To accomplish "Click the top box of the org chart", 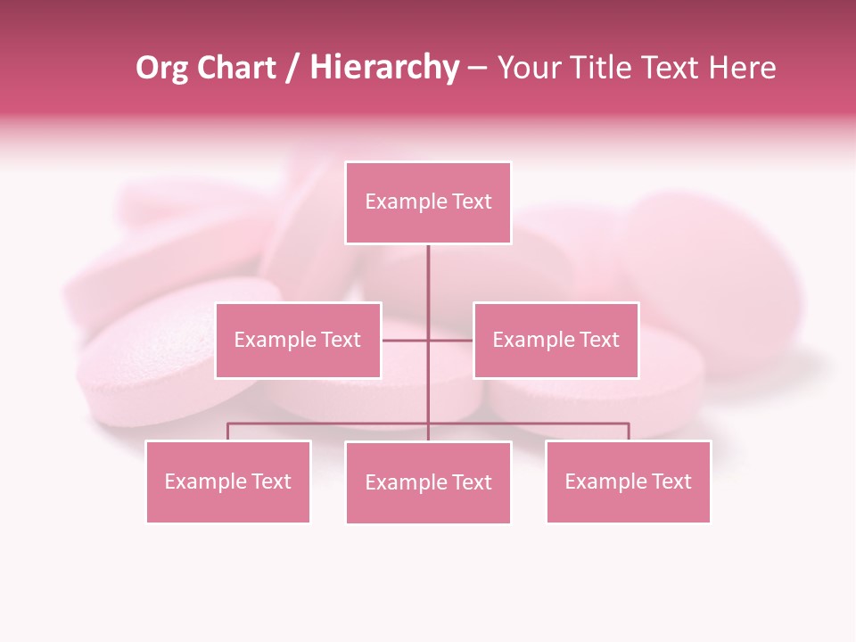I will (428, 202).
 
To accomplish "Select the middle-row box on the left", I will (298, 340).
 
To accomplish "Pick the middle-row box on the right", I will (556, 340).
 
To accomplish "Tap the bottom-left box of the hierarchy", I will (227, 481).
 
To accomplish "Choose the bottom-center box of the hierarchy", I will (428, 482).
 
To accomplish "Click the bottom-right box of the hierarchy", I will (628, 481).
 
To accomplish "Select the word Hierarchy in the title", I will (384, 68).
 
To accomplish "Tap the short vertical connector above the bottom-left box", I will (227, 432).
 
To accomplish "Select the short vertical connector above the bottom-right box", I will (629, 432).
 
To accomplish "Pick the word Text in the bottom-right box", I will (671, 481).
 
